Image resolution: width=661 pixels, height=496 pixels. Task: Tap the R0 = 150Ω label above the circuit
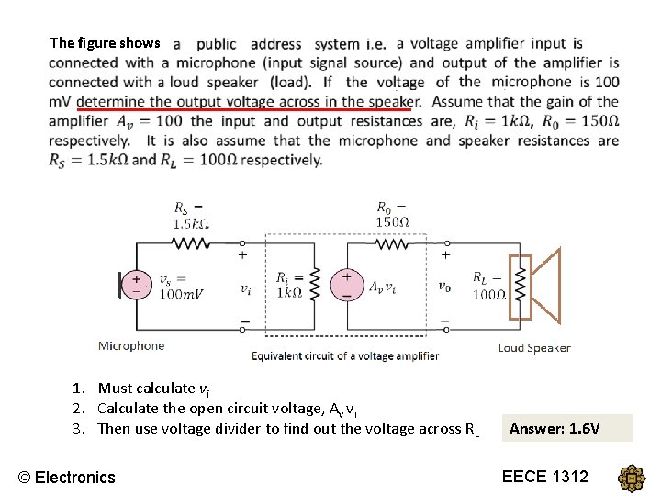pyautogui.click(x=393, y=214)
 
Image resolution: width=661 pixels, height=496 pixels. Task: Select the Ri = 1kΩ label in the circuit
pyautogui.click(x=288, y=285)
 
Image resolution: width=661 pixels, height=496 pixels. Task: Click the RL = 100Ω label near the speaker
pyautogui.click(x=489, y=285)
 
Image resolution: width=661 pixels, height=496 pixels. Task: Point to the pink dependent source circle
pyautogui.click(x=348, y=285)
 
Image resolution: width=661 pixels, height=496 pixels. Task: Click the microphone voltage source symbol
pyautogui.click(x=137, y=285)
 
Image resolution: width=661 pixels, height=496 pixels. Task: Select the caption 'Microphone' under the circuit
pyautogui.click(x=131, y=346)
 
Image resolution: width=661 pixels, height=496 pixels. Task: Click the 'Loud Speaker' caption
pyautogui.click(x=534, y=348)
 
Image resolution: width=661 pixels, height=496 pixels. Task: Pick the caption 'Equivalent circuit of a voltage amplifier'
pyautogui.click(x=345, y=356)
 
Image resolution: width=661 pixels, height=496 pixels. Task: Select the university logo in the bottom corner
pyautogui.click(x=633, y=479)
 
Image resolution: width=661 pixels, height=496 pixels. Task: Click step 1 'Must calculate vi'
pyautogui.click(x=147, y=389)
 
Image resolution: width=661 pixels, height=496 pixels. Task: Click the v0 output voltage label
pyautogui.click(x=444, y=287)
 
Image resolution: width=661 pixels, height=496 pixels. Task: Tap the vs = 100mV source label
pyautogui.click(x=181, y=287)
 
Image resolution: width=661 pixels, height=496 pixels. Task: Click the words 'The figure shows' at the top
pyautogui.click(x=105, y=42)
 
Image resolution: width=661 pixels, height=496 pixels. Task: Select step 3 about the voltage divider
pyautogui.click(x=287, y=428)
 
